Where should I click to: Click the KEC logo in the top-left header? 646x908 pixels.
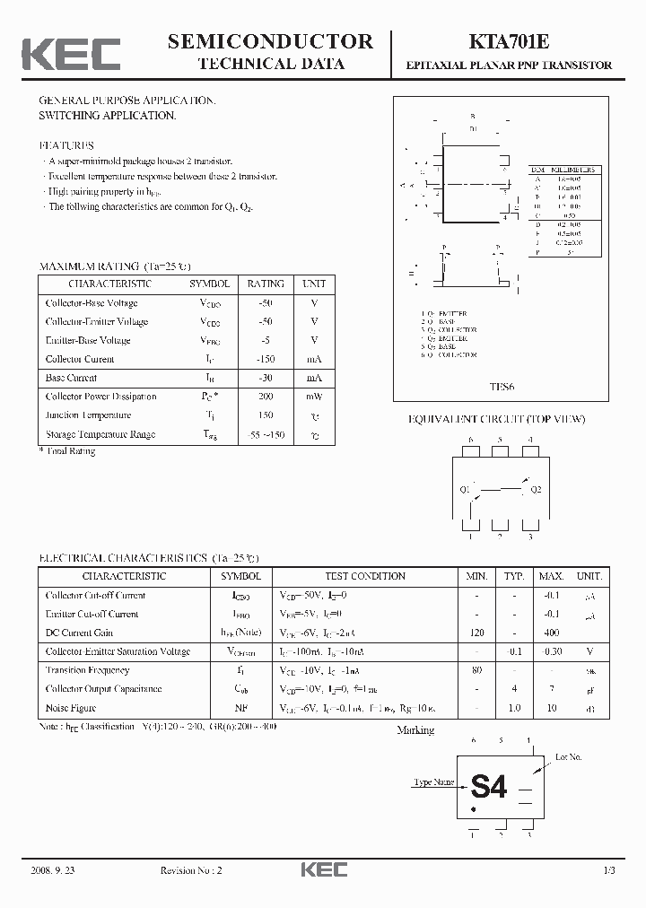[x=71, y=54]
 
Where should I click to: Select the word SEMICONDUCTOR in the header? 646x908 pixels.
[x=270, y=41]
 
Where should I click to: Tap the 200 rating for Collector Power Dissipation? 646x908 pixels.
[x=265, y=397]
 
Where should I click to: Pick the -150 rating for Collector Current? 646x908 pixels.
[x=265, y=359]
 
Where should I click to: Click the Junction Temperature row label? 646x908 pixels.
[x=87, y=415]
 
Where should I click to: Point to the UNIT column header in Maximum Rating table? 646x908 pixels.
[x=314, y=284]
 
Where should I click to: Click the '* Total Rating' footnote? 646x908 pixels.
[x=67, y=451]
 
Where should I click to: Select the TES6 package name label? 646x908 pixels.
[x=502, y=388]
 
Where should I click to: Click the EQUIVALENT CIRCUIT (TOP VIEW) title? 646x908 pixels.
[x=496, y=419]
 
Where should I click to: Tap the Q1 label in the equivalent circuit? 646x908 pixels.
[x=465, y=490]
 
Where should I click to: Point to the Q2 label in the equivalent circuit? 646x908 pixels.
[x=536, y=490]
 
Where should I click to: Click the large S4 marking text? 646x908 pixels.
[x=489, y=787]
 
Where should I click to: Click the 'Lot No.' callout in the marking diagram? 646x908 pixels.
[x=568, y=758]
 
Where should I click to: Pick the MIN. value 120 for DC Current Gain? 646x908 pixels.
[x=476, y=633]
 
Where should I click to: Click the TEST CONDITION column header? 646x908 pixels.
[x=364, y=576]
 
